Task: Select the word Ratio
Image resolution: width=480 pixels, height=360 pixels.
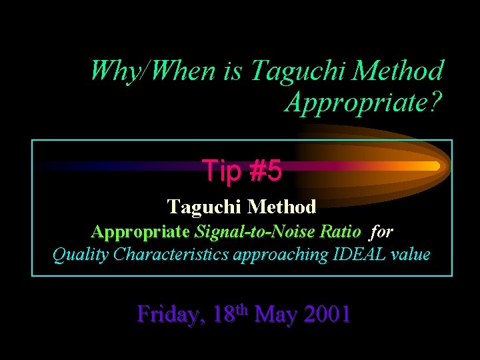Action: pyautogui.click(x=340, y=232)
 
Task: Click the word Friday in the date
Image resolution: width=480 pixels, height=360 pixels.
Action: pyautogui.click(x=170, y=313)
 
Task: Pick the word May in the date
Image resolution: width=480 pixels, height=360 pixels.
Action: pyautogui.click(x=274, y=313)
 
